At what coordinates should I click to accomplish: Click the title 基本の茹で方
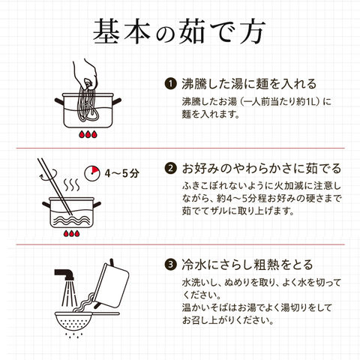coord(179,31)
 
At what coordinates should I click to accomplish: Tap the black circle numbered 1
coord(170,83)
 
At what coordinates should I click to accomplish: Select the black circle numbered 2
coord(170,168)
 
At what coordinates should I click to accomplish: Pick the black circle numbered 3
coord(170,264)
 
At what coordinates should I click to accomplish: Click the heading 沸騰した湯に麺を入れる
coord(249,84)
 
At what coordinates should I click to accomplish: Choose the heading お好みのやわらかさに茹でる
coord(262,168)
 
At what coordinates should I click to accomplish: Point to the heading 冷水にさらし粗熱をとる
coord(247,265)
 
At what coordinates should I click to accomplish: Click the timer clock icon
coord(92,172)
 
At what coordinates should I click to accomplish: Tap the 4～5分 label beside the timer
coord(121,173)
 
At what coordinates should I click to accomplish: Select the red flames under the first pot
coord(88,134)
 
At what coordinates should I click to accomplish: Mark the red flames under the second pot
coord(72,233)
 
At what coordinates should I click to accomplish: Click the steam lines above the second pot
coord(71,184)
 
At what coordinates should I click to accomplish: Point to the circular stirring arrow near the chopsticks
coord(47,174)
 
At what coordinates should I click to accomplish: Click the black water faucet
coord(64,274)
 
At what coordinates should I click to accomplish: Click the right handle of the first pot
coord(117,101)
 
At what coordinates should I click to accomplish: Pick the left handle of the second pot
coord(46,205)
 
